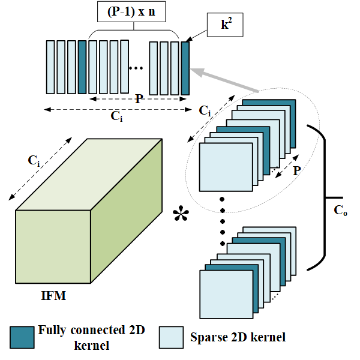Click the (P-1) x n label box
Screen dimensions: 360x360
pos(131,12)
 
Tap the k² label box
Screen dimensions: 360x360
pos(225,25)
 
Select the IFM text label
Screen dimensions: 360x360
pos(53,295)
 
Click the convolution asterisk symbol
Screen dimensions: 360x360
pos(181,213)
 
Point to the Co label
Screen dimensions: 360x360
pos(340,210)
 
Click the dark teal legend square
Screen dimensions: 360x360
pos(22,337)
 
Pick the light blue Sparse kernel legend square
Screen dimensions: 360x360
pos(171,337)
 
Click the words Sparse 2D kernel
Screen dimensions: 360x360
pos(238,337)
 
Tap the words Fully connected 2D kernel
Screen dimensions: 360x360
pos(91,337)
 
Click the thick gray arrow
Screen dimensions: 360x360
pos(224,80)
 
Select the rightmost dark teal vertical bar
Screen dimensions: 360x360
pos(185,68)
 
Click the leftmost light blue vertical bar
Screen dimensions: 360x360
pos(50,67)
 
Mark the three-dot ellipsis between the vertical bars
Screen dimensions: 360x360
pos(136,68)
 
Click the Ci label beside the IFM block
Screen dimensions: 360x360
pos(34,160)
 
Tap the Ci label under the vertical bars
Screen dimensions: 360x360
pos(116,116)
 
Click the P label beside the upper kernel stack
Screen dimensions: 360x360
pos(297,170)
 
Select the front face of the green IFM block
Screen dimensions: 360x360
pos(53,247)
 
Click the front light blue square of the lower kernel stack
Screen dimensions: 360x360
pos(226,295)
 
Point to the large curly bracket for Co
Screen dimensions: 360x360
pos(322,197)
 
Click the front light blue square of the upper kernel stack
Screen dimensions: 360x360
pos(226,167)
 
